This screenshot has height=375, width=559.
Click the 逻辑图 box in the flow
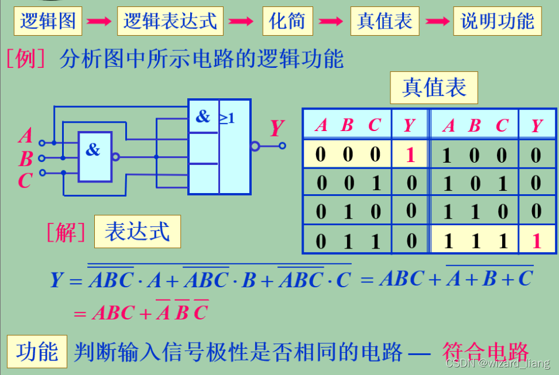[x=49, y=21]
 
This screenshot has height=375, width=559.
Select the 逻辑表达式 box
[x=170, y=21]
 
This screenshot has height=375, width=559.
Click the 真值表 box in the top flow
[x=385, y=21]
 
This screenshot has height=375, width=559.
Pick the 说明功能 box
[x=498, y=21]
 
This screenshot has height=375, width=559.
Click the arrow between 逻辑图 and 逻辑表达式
[x=100, y=22]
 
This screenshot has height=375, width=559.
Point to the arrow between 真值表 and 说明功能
[x=437, y=22]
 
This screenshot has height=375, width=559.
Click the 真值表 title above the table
[x=434, y=88]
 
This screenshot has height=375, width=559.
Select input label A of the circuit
[x=25, y=136]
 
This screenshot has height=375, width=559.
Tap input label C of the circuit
[x=25, y=181]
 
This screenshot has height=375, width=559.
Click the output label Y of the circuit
[x=276, y=128]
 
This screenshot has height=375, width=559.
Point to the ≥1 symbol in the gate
[x=227, y=118]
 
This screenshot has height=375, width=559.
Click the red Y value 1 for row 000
[x=410, y=155]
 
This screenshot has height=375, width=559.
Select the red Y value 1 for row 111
[x=536, y=240]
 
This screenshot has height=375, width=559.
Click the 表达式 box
[x=137, y=232]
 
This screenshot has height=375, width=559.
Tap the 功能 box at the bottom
[x=37, y=352]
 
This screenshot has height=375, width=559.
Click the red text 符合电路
[x=485, y=352]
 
